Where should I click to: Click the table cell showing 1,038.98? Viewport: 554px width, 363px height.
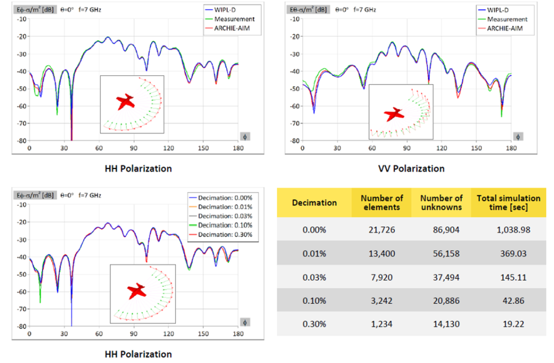click(x=513, y=230)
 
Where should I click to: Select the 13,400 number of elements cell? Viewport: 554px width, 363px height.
click(x=381, y=254)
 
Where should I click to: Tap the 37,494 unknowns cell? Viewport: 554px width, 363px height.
click(x=446, y=277)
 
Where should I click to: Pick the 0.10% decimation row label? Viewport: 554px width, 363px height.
click(x=314, y=301)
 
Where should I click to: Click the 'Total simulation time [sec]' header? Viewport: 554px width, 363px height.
click(x=509, y=203)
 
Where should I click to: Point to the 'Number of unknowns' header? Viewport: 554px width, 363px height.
click(x=441, y=203)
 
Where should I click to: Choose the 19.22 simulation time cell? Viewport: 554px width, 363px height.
click(x=513, y=324)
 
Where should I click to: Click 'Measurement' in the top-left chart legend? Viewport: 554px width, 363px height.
click(x=234, y=19)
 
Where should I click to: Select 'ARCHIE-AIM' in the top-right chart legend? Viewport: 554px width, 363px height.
click(x=505, y=28)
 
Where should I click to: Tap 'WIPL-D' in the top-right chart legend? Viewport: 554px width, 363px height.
click(x=498, y=10)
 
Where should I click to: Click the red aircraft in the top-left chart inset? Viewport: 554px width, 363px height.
click(x=125, y=102)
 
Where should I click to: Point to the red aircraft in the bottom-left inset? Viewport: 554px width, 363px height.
click(x=136, y=291)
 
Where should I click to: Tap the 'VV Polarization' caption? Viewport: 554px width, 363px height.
click(x=411, y=168)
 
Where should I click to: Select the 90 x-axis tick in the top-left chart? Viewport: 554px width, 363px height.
click(x=134, y=148)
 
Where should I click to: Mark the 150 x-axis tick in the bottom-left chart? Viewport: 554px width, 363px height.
click(x=203, y=334)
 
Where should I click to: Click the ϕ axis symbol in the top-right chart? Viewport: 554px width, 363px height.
click(x=518, y=137)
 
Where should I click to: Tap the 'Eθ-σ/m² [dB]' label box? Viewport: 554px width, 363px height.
click(x=308, y=10)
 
